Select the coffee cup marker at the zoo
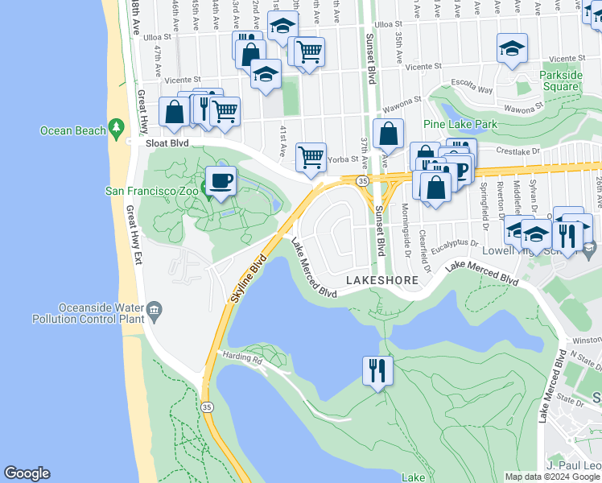221,180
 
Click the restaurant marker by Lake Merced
377,370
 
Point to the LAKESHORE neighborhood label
382,280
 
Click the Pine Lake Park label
461,124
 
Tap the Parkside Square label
561,81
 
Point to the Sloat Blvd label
167,142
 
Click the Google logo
27,473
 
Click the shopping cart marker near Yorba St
311,157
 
